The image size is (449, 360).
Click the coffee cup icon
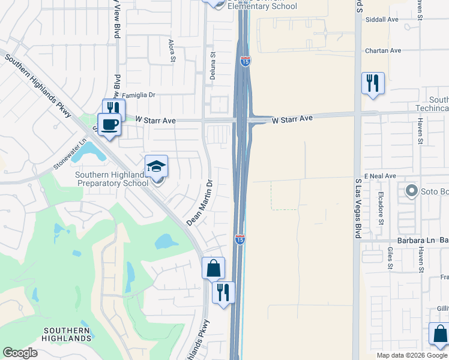click(109, 124)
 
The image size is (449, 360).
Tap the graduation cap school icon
click(156, 166)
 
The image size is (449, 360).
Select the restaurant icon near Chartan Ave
click(372, 83)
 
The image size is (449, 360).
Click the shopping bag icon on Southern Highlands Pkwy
click(213, 268)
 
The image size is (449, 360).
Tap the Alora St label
click(172, 51)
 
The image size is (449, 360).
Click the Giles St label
click(390, 257)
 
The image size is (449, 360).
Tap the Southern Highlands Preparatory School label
click(112, 179)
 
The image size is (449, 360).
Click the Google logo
click(20, 353)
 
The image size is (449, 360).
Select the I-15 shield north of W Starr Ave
click(245, 61)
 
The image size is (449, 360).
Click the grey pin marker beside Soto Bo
click(411, 191)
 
